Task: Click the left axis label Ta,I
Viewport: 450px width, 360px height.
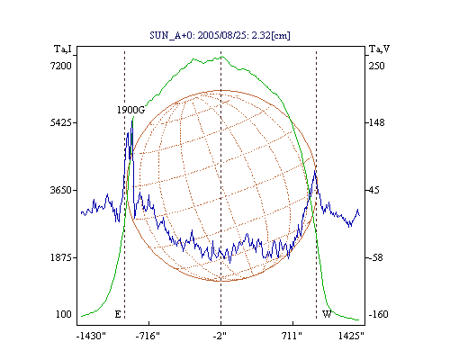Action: (63, 49)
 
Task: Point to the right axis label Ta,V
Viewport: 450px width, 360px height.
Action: (380, 49)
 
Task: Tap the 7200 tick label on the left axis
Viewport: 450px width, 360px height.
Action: (61, 66)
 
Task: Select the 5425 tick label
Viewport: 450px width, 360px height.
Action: (61, 122)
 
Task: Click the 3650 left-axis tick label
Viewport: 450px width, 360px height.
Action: (61, 190)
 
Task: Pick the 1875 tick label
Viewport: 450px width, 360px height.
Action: (61, 257)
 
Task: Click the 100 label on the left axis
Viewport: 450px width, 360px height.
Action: (64, 314)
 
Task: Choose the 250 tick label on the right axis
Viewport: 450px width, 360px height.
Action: (376, 66)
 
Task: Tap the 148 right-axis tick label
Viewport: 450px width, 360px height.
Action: (376, 122)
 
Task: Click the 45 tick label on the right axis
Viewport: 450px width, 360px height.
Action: (373, 190)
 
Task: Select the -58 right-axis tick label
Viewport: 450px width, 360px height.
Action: (375, 257)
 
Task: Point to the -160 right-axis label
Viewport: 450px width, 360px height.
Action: (378, 314)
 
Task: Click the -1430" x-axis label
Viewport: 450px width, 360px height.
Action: (92, 336)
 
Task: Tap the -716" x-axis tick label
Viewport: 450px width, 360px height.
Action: (148, 336)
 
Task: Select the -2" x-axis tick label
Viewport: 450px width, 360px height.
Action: (220, 336)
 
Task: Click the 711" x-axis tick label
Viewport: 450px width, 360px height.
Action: (292, 336)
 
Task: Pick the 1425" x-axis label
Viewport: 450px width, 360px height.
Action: (351, 336)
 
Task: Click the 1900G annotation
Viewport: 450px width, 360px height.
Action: (130, 110)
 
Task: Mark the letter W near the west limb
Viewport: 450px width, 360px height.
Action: (327, 314)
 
